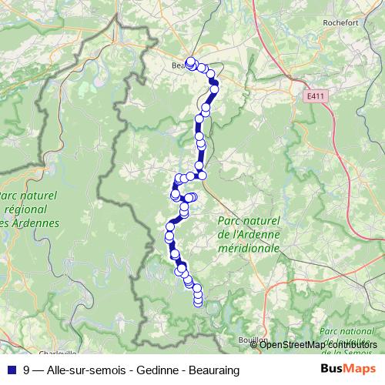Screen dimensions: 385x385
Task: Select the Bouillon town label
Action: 253,339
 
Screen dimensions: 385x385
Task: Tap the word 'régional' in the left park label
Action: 32,209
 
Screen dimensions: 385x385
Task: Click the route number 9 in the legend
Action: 27,370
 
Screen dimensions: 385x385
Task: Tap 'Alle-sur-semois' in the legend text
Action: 85,370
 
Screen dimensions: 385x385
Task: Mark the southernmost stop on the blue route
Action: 198,302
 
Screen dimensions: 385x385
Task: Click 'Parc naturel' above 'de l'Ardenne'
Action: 247,223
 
